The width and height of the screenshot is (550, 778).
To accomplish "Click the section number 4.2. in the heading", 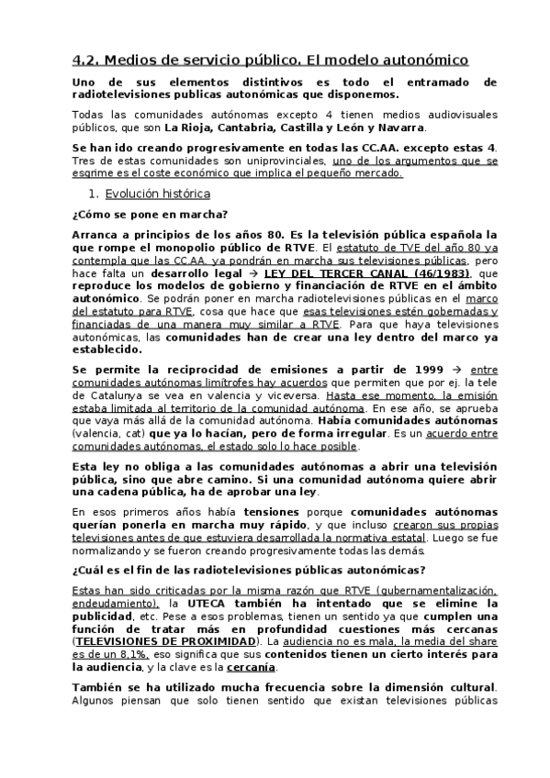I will [x=86, y=61].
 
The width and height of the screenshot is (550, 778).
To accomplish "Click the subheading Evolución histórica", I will [x=157, y=194].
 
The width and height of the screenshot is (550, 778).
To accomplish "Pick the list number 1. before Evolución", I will [x=93, y=194].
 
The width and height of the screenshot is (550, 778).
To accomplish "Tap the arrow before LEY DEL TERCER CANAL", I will [x=251, y=273].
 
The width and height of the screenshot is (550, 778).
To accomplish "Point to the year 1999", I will [x=413, y=369].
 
